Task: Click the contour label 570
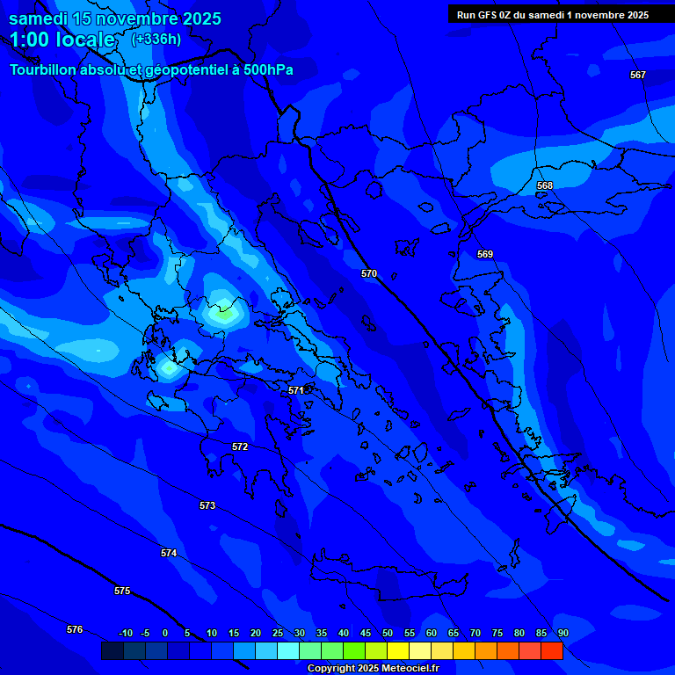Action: (x=369, y=273)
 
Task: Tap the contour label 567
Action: (x=638, y=75)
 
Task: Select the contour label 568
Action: (x=545, y=185)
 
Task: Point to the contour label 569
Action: (x=485, y=254)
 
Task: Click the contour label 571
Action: (x=296, y=389)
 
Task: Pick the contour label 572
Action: (x=240, y=446)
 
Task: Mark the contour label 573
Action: (x=207, y=505)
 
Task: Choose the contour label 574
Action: (x=169, y=553)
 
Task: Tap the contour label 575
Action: (x=122, y=591)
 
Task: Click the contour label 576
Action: (x=75, y=629)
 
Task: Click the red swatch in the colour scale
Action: (x=552, y=651)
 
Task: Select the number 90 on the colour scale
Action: (x=562, y=633)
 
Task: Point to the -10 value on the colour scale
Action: (x=125, y=633)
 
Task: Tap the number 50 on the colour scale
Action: (x=388, y=633)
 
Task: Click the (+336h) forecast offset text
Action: (x=156, y=39)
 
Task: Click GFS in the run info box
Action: (x=490, y=15)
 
